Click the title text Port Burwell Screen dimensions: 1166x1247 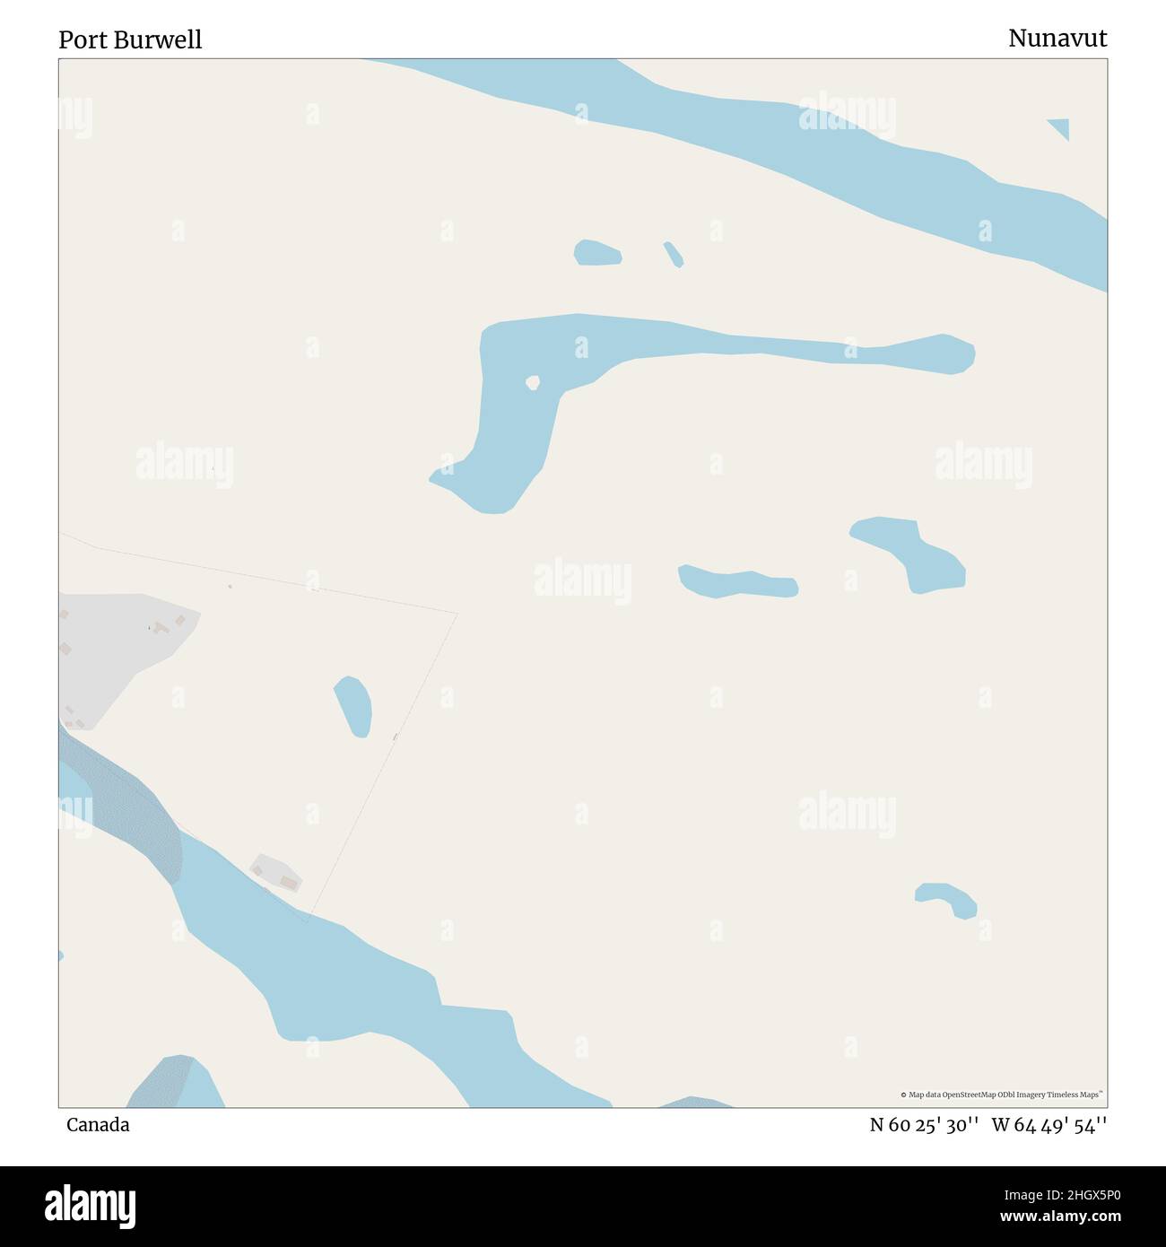click(130, 39)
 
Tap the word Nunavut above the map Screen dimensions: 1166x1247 click(1057, 38)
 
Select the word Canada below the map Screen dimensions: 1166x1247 click(98, 1124)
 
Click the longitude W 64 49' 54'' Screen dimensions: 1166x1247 click(1049, 1124)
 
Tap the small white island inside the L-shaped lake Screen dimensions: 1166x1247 click(533, 383)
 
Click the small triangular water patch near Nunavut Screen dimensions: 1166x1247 click(1061, 127)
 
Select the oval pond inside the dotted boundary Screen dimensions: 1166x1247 click(353, 706)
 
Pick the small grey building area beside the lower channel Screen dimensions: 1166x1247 click(276, 872)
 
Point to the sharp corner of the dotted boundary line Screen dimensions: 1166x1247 click(457, 615)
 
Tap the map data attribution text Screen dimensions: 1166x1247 click(1002, 1094)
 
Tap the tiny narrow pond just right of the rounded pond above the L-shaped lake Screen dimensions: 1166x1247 click(674, 254)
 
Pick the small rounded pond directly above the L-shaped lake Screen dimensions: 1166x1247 click(597, 253)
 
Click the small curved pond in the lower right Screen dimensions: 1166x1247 click(949, 898)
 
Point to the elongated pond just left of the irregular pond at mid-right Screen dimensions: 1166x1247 click(737, 582)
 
